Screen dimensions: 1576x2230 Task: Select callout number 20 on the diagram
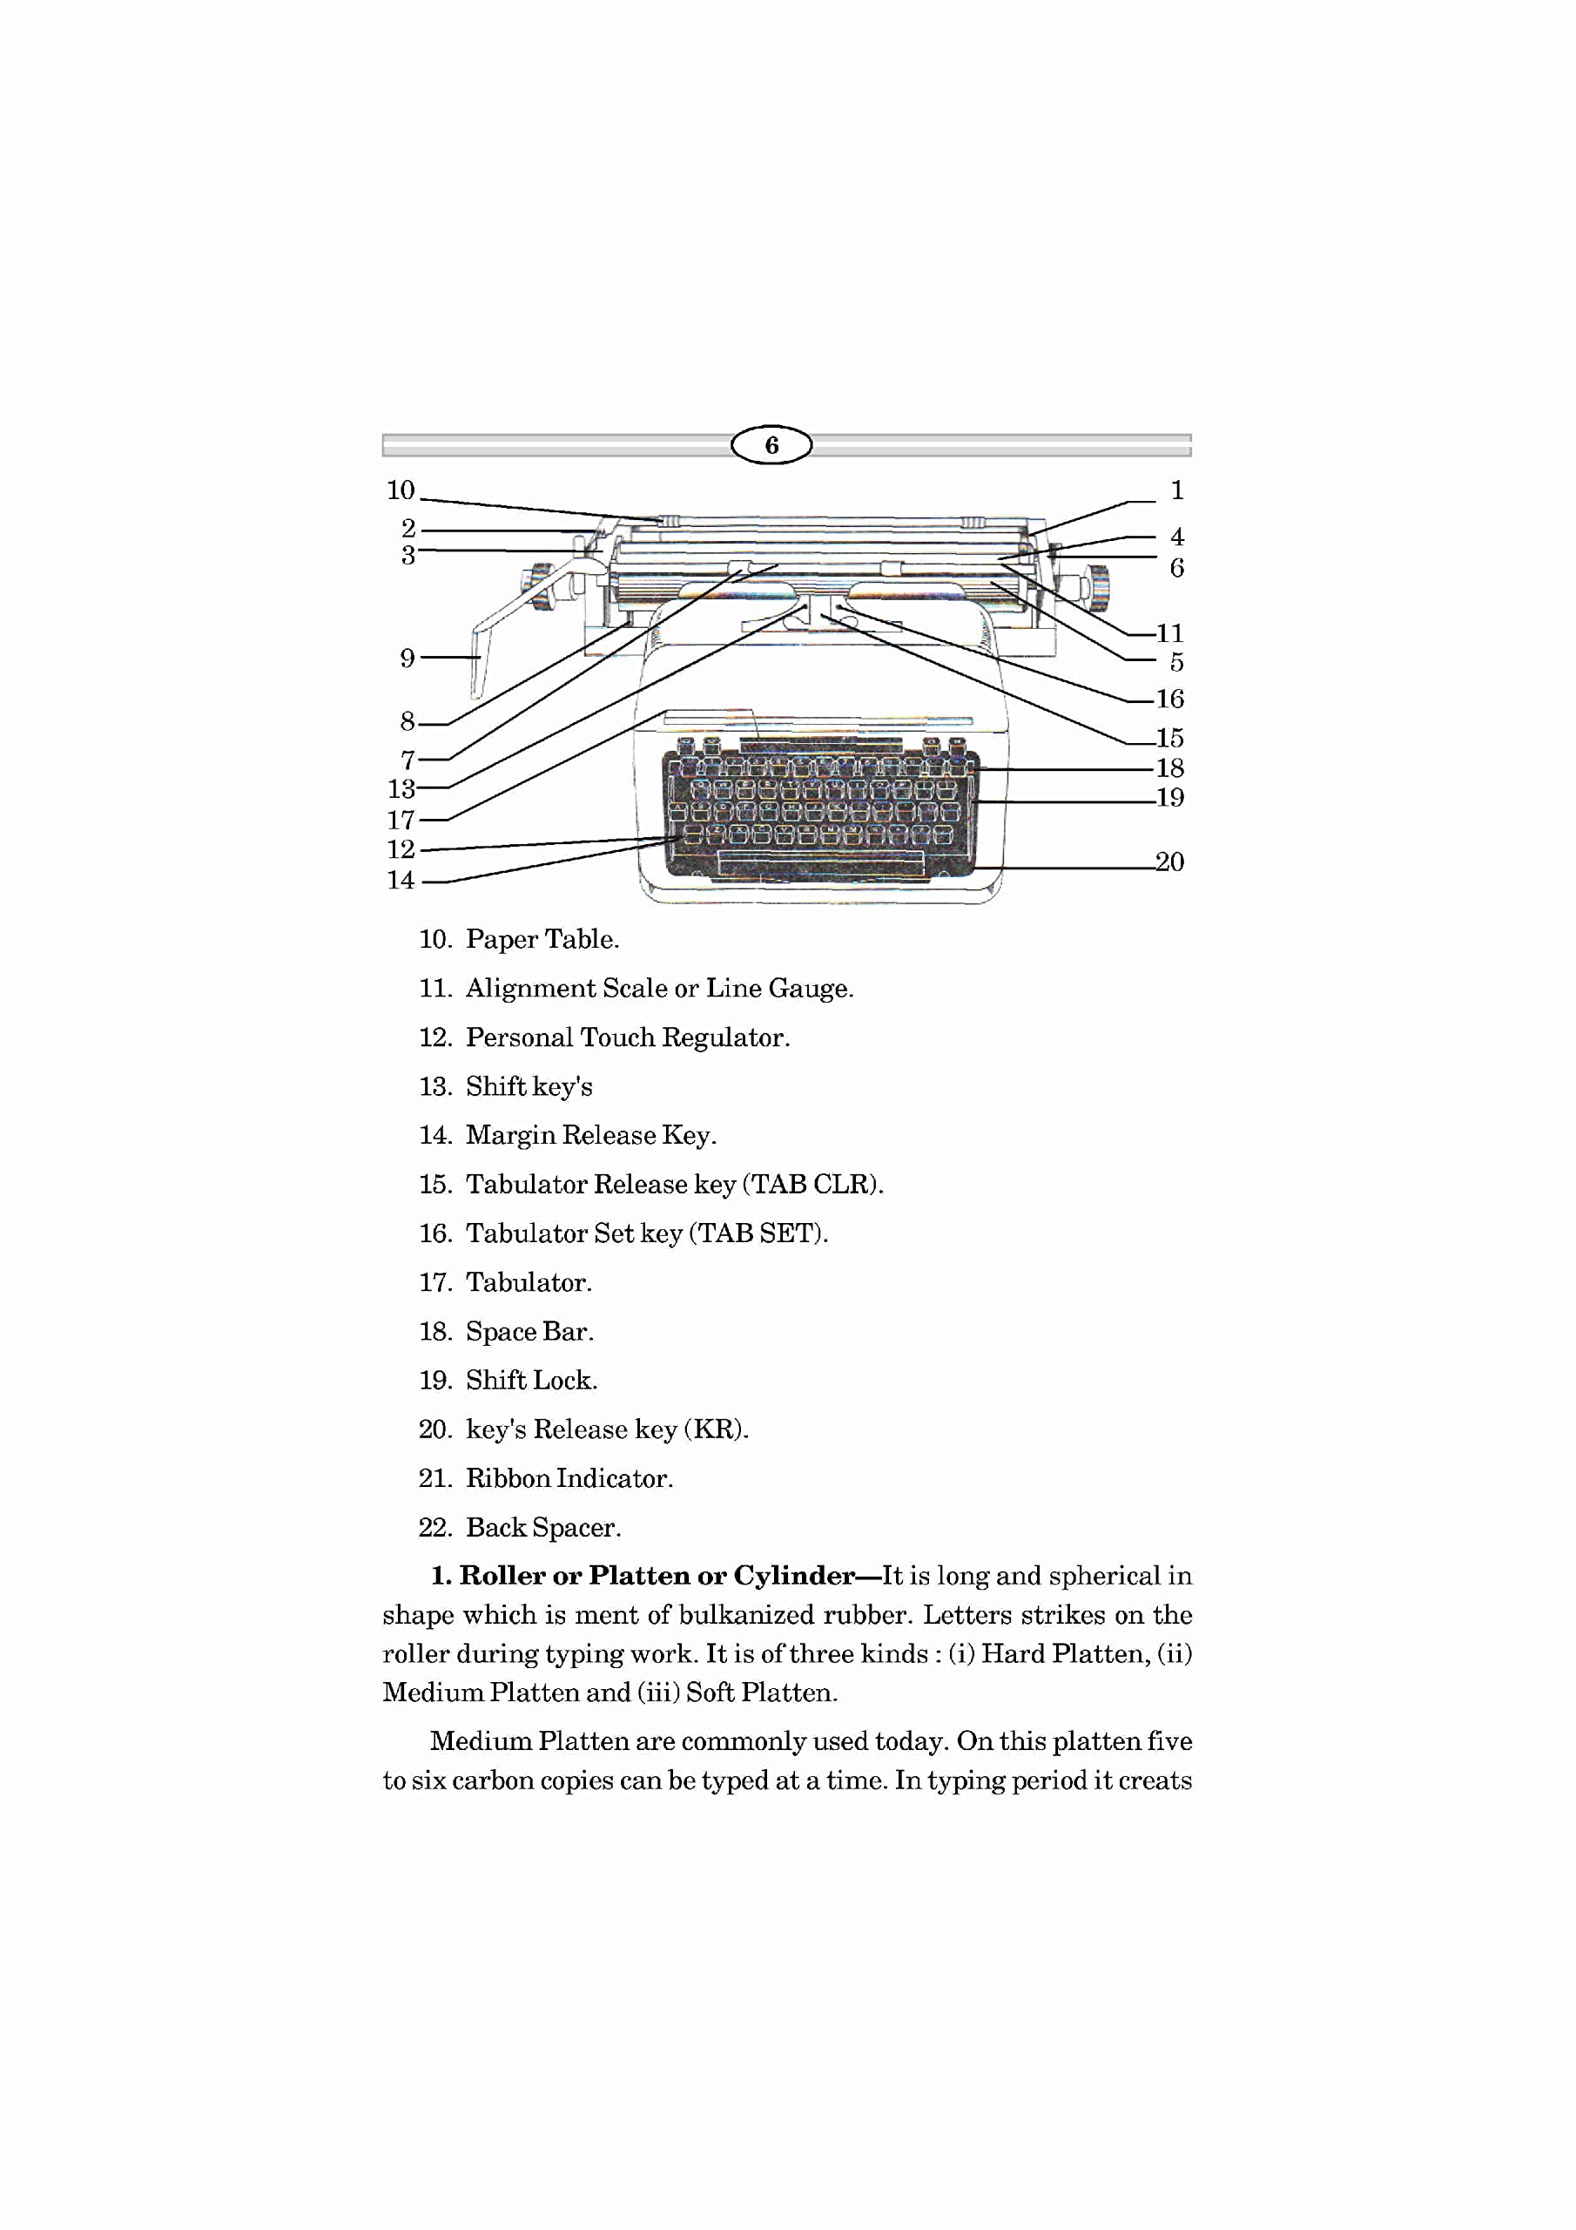coord(1169,862)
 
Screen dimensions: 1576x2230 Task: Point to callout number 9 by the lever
coord(407,659)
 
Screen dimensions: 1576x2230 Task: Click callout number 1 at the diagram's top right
coord(1177,490)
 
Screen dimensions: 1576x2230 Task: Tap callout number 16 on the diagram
coord(1169,699)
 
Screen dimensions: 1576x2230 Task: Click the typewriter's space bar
coord(820,862)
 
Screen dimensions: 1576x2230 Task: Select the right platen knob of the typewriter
coord(1097,588)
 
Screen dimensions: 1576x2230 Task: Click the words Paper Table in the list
coord(542,939)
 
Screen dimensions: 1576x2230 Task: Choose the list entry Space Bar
coord(529,1332)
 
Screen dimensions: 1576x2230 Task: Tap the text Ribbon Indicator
coord(569,1478)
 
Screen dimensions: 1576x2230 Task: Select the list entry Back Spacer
coord(542,1528)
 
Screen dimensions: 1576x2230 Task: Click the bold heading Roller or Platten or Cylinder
coord(657,1576)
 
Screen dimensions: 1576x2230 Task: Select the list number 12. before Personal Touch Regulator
coord(436,1037)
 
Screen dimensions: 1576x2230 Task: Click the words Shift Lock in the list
coord(531,1380)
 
